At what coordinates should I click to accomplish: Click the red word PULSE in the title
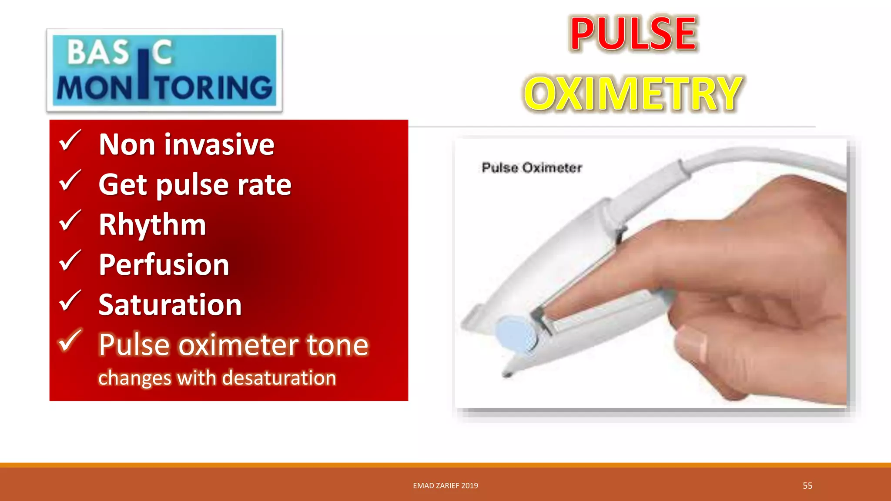click(x=633, y=33)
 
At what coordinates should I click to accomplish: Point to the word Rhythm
click(x=152, y=225)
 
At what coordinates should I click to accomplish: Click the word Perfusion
click(x=164, y=265)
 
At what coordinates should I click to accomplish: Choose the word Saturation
click(x=170, y=305)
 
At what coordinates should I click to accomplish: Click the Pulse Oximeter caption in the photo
click(x=532, y=168)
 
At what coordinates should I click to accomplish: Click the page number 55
click(x=807, y=486)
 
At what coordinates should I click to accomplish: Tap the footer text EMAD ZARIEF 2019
click(x=445, y=486)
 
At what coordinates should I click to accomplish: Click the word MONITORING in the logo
click(x=164, y=88)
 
